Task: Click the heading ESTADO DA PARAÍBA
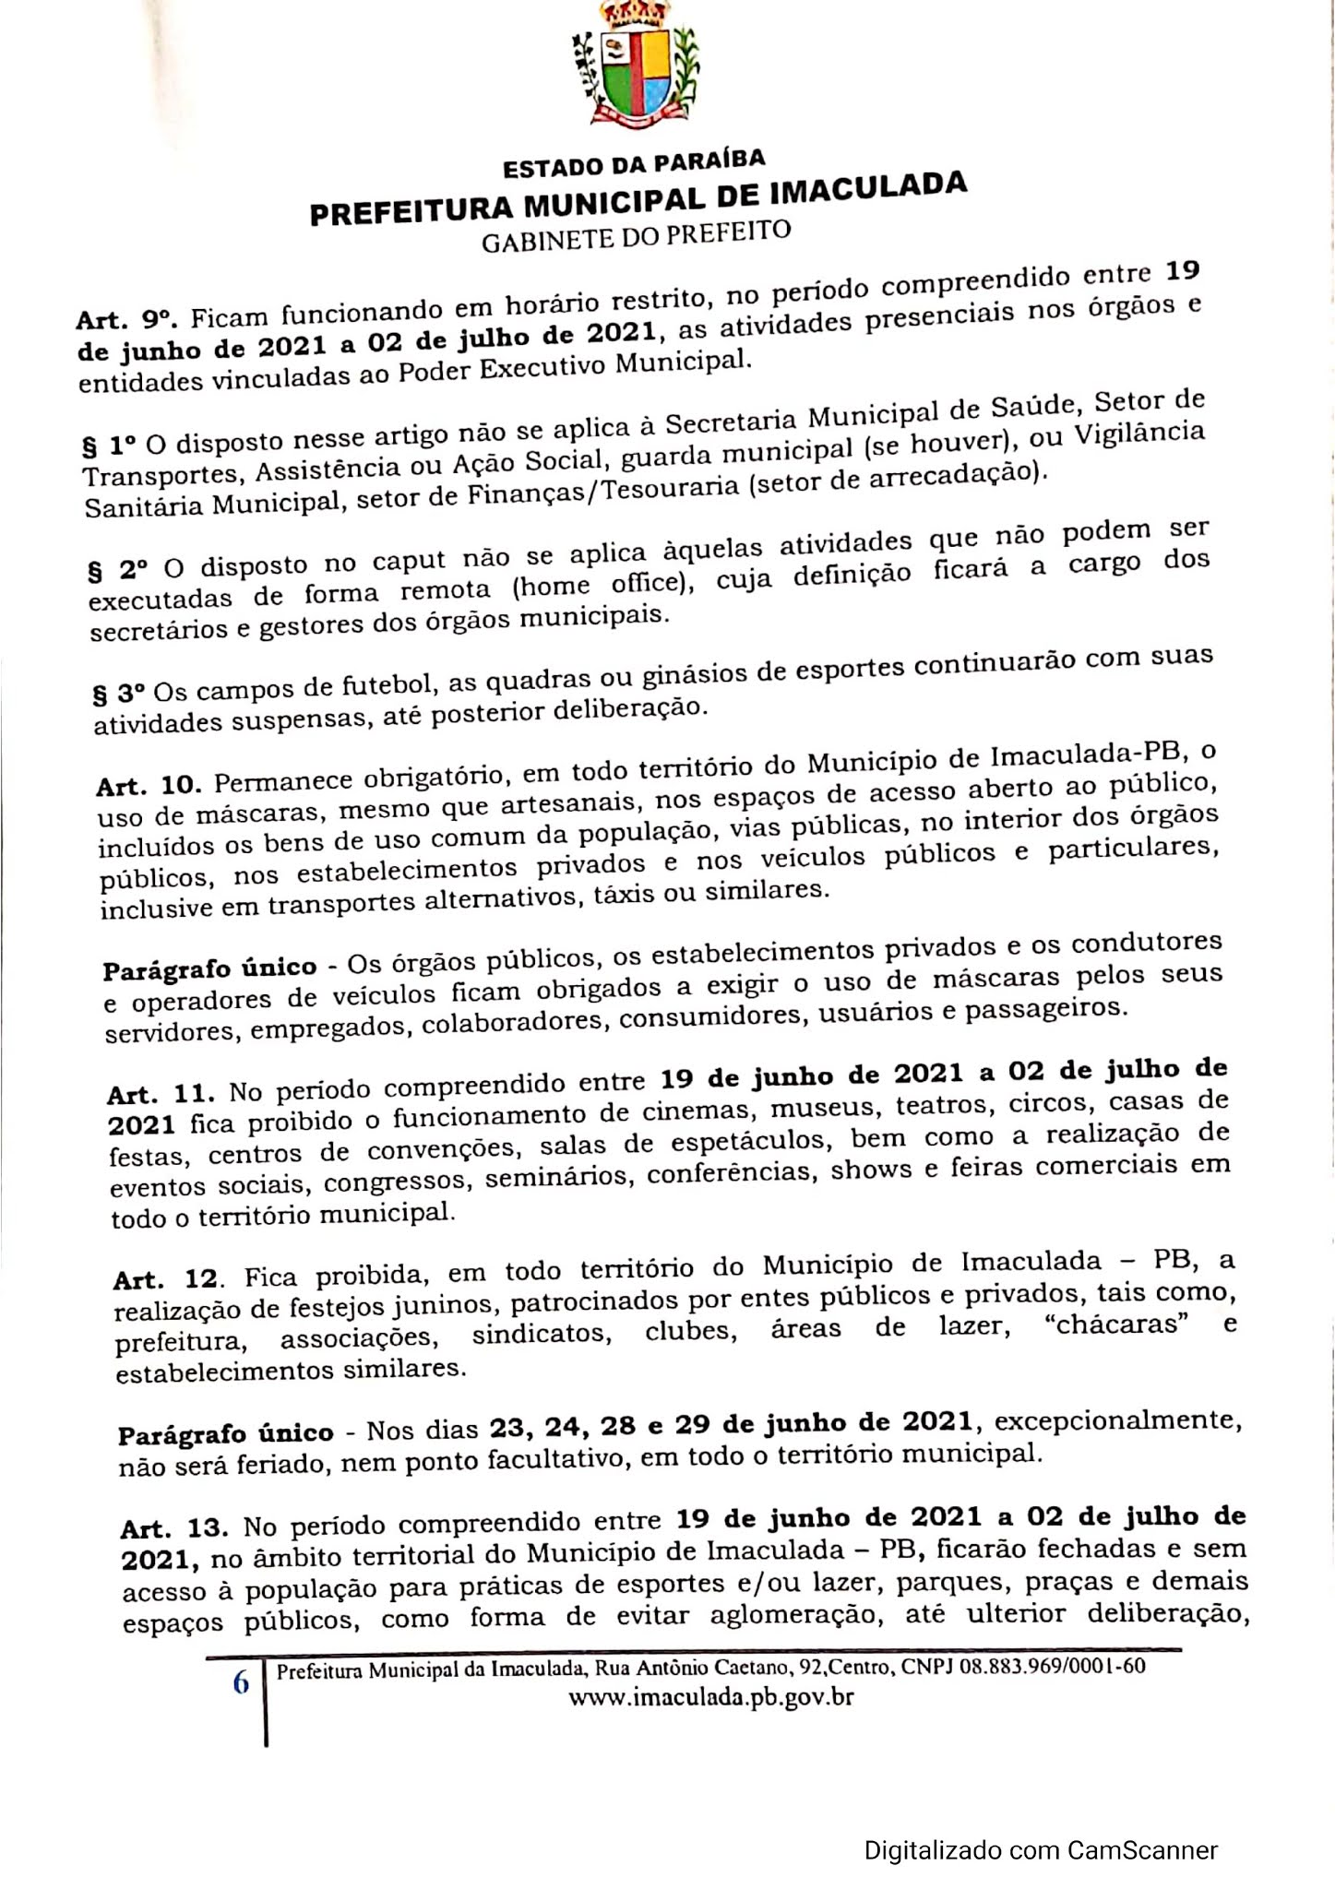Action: (x=634, y=163)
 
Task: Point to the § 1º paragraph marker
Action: (x=110, y=446)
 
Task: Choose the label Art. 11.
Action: (x=160, y=1093)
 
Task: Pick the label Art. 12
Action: (x=166, y=1279)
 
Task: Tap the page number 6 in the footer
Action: (x=241, y=1683)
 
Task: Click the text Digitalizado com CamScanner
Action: (x=1041, y=1824)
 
